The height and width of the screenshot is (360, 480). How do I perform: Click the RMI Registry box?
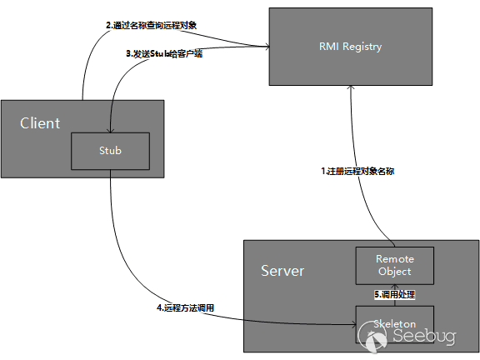[x=350, y=46]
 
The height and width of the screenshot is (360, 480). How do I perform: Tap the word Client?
[x=40, y=123]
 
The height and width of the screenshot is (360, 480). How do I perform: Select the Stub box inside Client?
[x=109, y=151]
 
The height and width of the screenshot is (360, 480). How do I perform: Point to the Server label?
[x=282, y=272]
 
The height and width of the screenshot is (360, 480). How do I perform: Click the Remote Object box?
[x=395, y=265]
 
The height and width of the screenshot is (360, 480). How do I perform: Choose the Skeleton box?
[x=395, y=322]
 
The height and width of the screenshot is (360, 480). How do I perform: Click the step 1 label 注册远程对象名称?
[x=357, y=171]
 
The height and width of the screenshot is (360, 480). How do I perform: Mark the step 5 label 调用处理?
[x=395, y=294]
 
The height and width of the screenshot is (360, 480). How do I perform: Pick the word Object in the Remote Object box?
[x=395, y=272]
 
